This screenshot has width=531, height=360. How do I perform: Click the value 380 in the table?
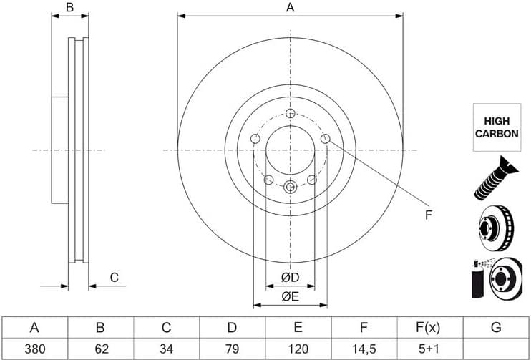click(x=35, y=349)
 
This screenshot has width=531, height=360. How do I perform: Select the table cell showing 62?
click(x=101, y=349)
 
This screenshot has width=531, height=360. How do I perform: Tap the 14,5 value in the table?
click(x=364, y=349)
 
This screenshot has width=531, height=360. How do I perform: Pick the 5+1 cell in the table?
click(x=429, y=349)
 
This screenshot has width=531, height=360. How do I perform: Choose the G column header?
click(x=496, y=328)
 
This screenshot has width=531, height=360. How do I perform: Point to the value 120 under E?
click(x=298, y=349)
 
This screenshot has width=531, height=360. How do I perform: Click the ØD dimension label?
click(x=291, y=278)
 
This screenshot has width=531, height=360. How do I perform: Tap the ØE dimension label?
click(x=291, y=297)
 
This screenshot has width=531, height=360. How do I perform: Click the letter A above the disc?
click(x=291, y=7)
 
